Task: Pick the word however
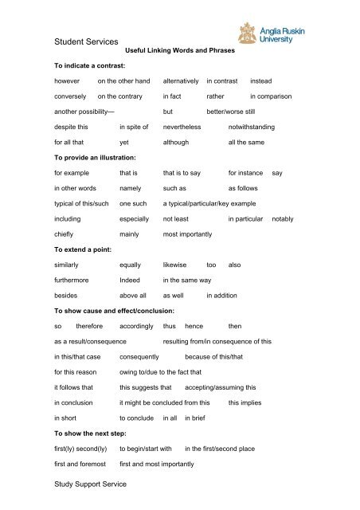[x=68, y=82]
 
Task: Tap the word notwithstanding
[x=262, y=127]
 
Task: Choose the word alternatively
[x=180, y=82]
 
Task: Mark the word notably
[x=284, y=218]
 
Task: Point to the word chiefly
[x=65, y=234]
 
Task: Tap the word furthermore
[x=72, y=280]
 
